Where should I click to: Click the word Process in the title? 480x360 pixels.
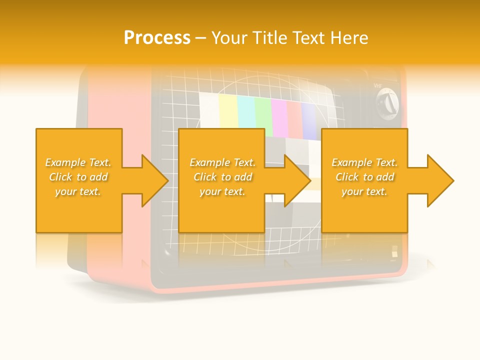point(157,38)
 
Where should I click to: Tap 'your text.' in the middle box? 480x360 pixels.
point(221,191)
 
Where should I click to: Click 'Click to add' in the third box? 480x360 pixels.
point(364,177)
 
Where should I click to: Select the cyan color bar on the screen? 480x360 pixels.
point(245,112)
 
